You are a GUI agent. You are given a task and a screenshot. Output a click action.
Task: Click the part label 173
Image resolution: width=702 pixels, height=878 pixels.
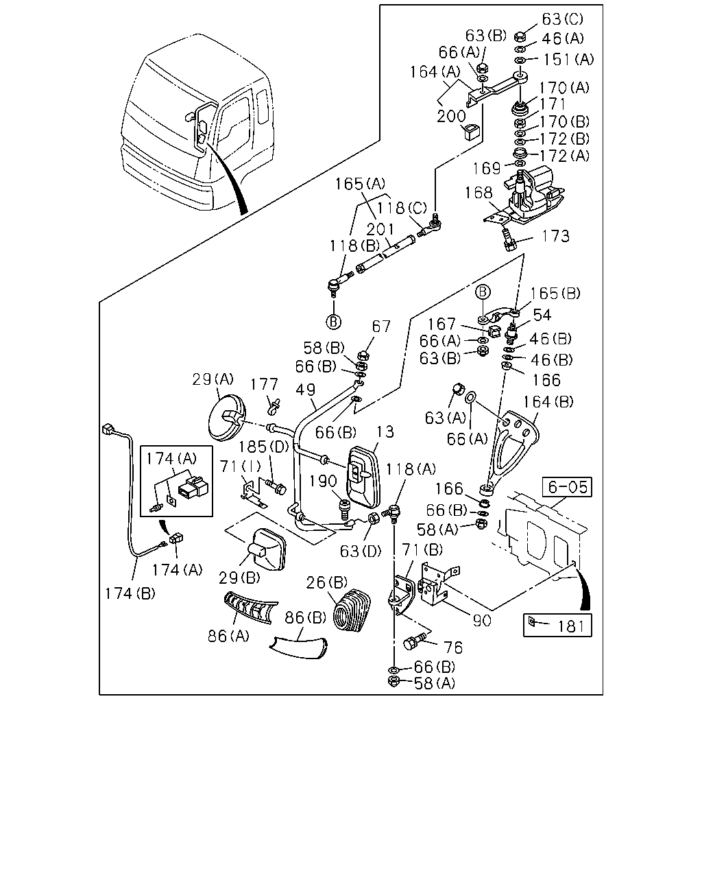[555, 236]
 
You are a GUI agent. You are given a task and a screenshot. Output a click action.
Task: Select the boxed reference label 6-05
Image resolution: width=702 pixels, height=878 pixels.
[567, 487]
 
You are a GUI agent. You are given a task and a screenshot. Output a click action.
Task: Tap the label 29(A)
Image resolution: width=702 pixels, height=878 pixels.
[213, 379]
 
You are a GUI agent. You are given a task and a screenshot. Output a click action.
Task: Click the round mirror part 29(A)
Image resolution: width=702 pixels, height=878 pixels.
[226, 417]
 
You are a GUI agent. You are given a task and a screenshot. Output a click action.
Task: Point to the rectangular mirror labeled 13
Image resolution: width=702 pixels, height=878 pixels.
[363, 477]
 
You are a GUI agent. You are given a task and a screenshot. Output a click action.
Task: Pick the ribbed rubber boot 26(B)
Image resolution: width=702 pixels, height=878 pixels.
[352, 610]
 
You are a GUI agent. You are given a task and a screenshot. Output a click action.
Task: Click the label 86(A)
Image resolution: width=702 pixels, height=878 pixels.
[228, 636]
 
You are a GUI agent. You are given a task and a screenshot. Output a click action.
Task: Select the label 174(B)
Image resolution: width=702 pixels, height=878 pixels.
[130, 593]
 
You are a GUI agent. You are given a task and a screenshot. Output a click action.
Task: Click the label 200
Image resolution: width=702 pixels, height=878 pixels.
[451, 117]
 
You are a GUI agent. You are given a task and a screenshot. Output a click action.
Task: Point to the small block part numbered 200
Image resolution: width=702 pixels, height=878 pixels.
[472, 132]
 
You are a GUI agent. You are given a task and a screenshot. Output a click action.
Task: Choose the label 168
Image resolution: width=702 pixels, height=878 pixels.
[479, 193]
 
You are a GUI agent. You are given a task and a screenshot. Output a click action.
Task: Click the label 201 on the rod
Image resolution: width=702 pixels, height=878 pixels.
[380, 230]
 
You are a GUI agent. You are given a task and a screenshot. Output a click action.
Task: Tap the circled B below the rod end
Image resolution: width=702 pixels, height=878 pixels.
[333, 322]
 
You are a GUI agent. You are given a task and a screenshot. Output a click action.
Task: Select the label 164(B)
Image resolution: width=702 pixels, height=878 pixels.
[548, 402]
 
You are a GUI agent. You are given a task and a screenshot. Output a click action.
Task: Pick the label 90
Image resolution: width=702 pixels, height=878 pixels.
[482, 621]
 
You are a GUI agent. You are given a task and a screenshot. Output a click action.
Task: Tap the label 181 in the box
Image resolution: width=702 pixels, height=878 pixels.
[571, 626]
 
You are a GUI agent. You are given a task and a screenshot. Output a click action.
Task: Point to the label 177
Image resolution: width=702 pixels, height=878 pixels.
[264, 384]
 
